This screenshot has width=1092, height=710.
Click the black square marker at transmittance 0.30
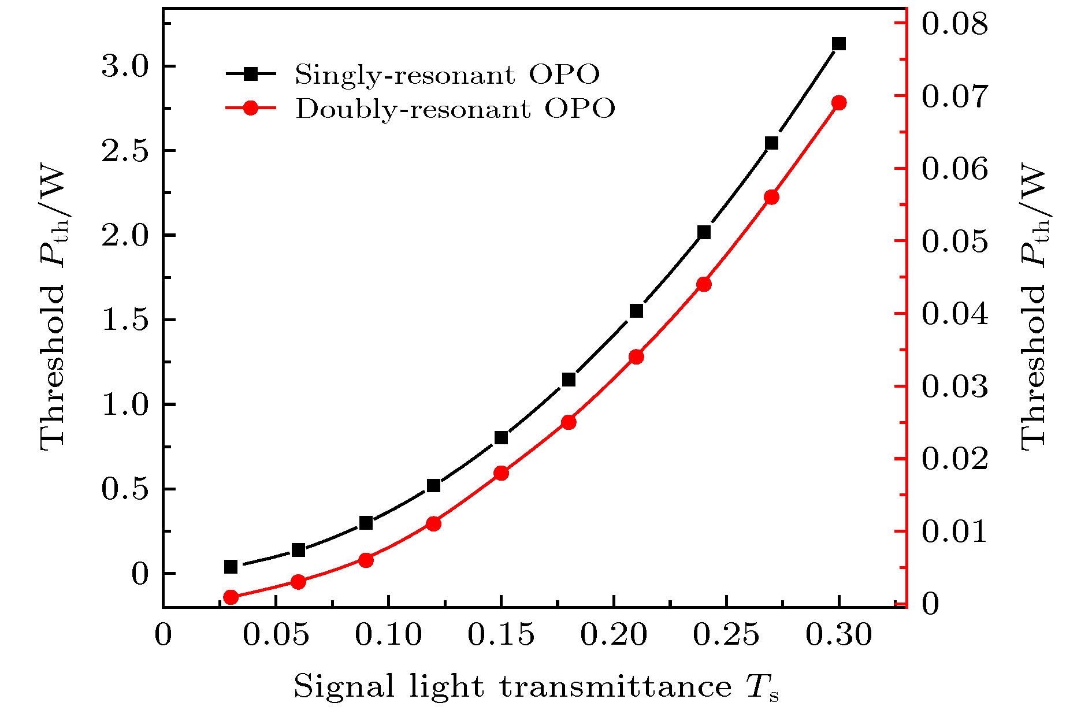point(839,44)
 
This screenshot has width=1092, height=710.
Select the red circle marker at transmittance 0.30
point(839,103)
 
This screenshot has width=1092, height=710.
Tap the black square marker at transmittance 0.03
point(231,567)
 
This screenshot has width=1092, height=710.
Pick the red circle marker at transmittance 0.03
point(231,597)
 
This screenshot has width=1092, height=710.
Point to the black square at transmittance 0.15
point(501,437)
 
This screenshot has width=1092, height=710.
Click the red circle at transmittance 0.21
point(636,356)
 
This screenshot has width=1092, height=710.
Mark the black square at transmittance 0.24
point(704,232)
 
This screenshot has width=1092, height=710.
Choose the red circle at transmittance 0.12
point(433,524)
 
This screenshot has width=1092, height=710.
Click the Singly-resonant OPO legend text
point(447,74)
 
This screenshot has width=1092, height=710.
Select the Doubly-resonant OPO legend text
point(455,109)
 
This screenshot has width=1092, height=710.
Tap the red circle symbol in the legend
point(251,108)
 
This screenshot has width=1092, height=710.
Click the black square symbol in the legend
point(251,73)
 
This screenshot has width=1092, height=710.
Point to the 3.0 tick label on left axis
point(125,67)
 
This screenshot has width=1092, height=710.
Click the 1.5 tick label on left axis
point(125,320)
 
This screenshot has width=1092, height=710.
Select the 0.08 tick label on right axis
point(954,24)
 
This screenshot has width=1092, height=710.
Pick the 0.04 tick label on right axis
point(954,314)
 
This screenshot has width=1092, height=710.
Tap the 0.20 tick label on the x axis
point(614,635)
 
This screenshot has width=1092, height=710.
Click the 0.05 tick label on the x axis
point(276,635)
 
